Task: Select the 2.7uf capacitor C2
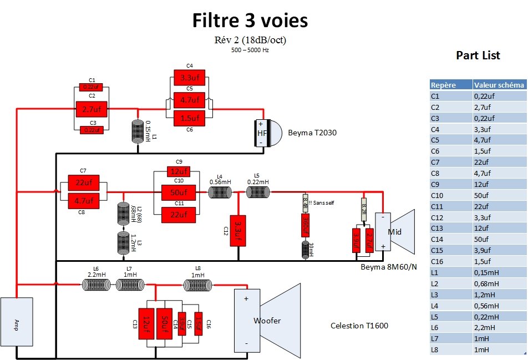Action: click(x=91, y=109)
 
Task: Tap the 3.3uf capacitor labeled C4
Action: click(x=190, y=77)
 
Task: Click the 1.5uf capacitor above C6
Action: click(x=190, y=117)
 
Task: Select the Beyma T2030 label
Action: click(x=312, y=133)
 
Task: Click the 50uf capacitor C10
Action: click(x=178, y=192)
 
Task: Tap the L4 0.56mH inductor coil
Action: click(x=220, y=192)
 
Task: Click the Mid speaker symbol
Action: click(x=395, y=231)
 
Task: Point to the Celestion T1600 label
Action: click(x=359, y=326)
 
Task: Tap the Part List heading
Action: click(x=478, y=55)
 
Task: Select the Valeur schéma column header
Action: click(x=499, y=85)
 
